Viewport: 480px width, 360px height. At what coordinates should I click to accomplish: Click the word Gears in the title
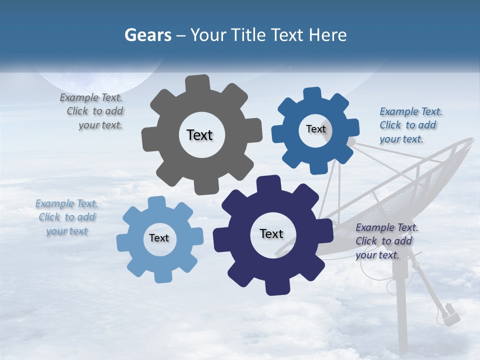pos(147,35)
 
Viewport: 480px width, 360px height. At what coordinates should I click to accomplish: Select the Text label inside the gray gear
pos(199,135)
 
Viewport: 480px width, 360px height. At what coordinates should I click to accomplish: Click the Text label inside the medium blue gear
pos(315,129)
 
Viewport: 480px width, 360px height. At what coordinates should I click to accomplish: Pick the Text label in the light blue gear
pos(159,238)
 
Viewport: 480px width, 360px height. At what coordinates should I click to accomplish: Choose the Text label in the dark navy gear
pos(271,233)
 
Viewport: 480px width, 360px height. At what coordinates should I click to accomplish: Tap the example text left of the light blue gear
pos(67,217)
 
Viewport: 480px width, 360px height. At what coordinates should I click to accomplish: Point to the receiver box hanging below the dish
pos(449,313)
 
